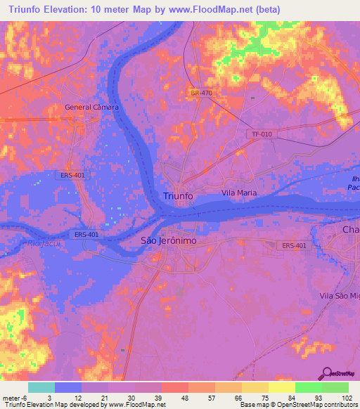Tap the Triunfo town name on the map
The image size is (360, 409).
pyautogui.click(x=178, y=195)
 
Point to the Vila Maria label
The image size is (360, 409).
pyautogui.click(x=239, y=193)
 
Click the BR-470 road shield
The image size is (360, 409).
pyautogui.click(x=200, y=93)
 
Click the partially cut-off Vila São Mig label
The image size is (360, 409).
pyautogui.click(x=339, y=297)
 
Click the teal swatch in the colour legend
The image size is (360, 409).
pyautogui.click(x=41, y=387)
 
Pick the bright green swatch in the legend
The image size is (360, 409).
pyautogui.click(x=308, y=387)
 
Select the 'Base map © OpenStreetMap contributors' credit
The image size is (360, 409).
pyautogui.click(x=298, y=405)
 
